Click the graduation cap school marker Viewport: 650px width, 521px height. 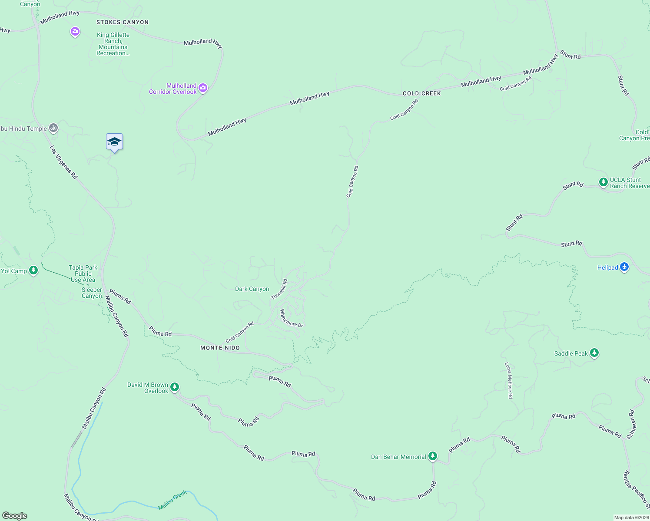114,142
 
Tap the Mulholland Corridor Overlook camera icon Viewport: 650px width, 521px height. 203,88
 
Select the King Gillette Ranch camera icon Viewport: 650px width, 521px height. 75,31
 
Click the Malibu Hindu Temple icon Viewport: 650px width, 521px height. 53,128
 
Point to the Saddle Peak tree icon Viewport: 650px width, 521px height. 594,353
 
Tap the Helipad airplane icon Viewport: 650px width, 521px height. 624,267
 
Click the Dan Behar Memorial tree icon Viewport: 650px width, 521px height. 432,456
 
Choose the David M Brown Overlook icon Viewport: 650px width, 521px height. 175,386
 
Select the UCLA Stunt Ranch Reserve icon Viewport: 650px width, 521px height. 603,182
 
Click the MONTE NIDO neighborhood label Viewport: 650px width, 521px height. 220,348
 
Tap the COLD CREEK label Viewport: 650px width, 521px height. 421,93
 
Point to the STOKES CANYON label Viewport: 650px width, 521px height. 123,22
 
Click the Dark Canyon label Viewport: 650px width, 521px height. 252,289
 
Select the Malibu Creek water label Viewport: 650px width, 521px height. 172,500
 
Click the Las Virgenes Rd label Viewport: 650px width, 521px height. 63,162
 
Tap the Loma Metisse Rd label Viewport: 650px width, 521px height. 509,380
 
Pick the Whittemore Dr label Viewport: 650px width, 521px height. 291,318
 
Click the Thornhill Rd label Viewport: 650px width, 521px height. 279,289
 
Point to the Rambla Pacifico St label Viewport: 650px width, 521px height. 636,489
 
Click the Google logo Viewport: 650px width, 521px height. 14,516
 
